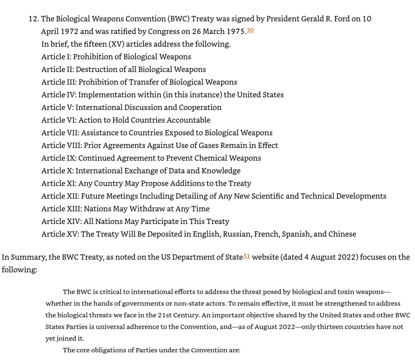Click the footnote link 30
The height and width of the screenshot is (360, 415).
[250, 30]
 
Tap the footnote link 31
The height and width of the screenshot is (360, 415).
[247, 256]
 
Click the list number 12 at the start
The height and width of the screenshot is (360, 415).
[33, 19]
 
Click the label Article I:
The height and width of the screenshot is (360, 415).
[56, 57]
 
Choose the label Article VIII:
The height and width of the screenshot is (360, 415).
[61, 145]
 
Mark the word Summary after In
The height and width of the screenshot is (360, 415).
[25, 257]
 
